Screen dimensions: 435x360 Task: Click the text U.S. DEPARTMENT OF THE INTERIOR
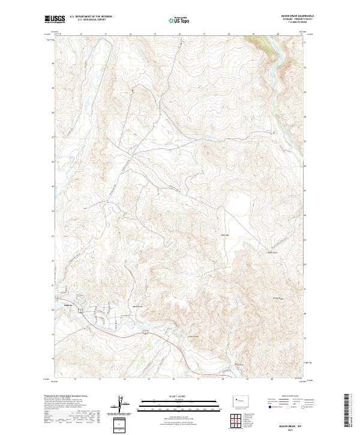coord(91,16)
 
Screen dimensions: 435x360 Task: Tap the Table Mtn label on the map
coord(226,234)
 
